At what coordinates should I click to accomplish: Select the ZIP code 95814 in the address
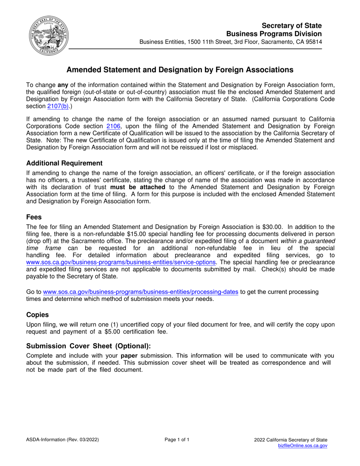pos(313,42)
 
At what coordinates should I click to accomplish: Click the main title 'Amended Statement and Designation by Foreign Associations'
pos(180,70)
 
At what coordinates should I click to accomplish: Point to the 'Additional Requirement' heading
pos(64,163)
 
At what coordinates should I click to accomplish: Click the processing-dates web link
pos(141,292)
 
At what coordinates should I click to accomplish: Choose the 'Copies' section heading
pos(38,315)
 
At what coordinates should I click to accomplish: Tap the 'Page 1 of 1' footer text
pos(177,440)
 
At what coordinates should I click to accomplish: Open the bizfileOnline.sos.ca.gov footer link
pos(302,446)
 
